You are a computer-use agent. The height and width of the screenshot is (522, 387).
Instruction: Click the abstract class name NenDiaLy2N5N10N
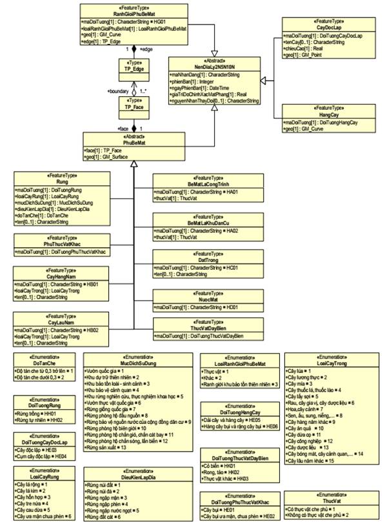pos(213,66)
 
